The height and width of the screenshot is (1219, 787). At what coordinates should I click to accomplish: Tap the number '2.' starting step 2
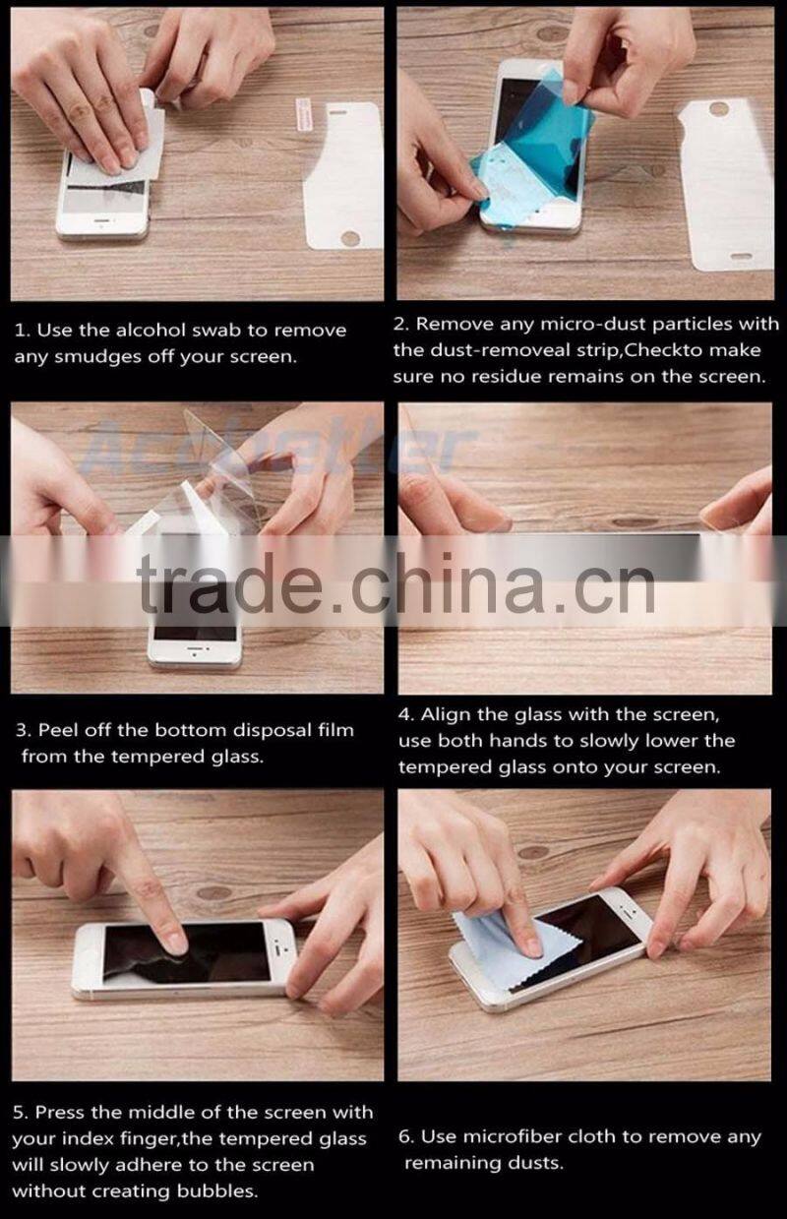(x=401, y=324)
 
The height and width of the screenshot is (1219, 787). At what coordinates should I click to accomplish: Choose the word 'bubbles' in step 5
(x=222, y=1190)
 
